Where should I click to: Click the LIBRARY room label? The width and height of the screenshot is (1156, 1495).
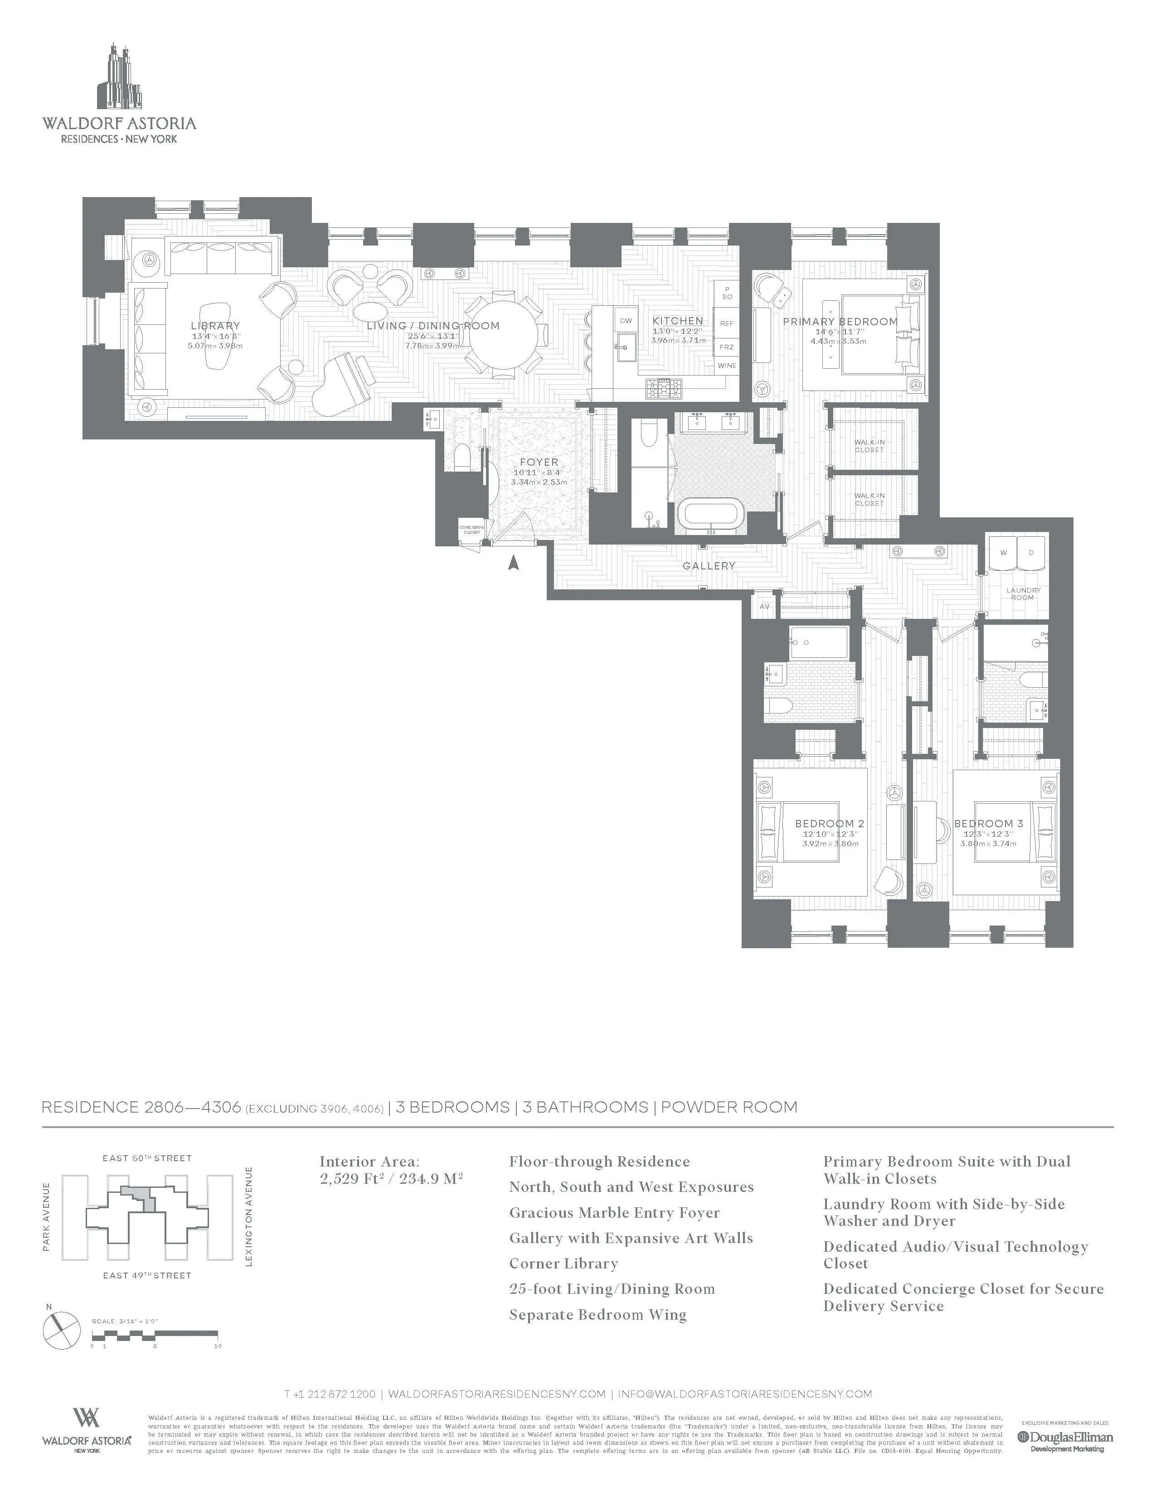[x=215, y=326]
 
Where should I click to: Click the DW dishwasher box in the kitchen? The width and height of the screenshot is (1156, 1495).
[x=625, y=320]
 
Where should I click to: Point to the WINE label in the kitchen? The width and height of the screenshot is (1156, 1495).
[x=727, y=366]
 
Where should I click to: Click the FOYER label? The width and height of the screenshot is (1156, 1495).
[x=539, y=462]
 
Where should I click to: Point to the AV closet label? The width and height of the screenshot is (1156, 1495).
[x=764, y=607]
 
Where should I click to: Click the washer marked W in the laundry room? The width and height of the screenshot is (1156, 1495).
[x=1003, y=552]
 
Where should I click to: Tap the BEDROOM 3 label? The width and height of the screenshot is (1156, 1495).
[x=988, y=824]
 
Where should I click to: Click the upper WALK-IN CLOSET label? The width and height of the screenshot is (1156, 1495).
[x=869, y=446]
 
